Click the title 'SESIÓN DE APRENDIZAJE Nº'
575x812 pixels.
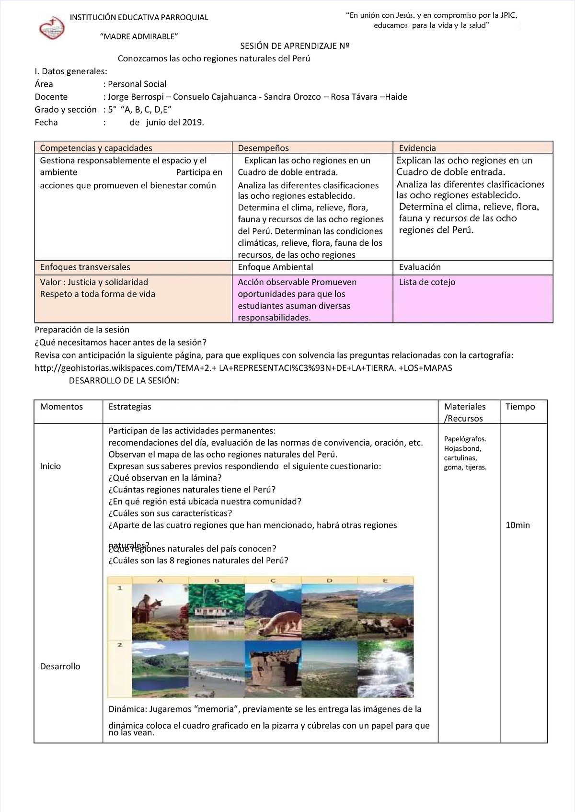[x=294, y=46]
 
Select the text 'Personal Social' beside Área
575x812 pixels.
[x=137, y=84]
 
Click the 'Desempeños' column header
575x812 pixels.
[x=263, y=148]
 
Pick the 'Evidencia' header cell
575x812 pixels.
[x=417, y=148]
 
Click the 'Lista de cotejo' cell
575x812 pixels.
[x=427, y=282]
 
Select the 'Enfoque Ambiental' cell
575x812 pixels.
[x=275, y=267]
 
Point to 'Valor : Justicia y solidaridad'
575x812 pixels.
[x=94, y=282]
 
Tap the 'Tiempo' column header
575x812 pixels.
[x=520, y=407]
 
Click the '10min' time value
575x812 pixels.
[x=517, y=525]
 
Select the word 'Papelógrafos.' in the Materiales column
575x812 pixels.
[x=465, y=439]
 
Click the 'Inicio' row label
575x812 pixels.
[x=50, y=466]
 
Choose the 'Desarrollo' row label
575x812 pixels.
[x=60, y=666]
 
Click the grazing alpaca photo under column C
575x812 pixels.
[x=273, y=612]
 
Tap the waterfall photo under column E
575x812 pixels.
[x=385, y=669]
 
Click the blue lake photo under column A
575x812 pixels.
[x=160, y=669]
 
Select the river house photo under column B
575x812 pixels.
[x=217, y=612]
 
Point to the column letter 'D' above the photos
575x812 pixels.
[x=329, y=581]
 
